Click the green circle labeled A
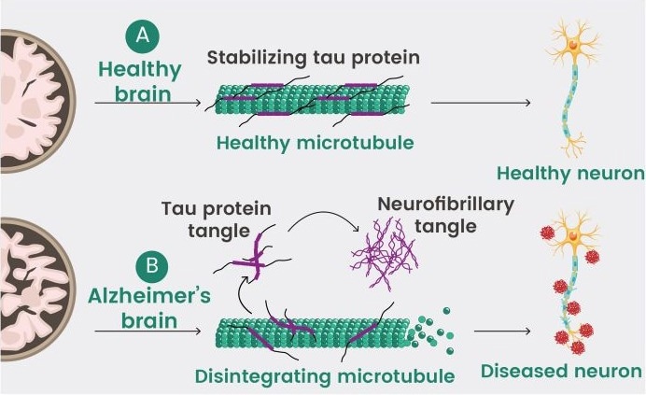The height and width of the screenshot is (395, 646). tap(142, 36)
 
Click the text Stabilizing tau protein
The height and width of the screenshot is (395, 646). tap(314, 58)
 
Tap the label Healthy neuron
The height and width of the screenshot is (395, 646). tap(570, 173)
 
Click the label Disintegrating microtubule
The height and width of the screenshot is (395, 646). tap(324, 376)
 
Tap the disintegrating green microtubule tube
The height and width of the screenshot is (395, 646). tap(313, 334)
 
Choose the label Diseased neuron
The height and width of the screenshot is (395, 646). tap(561, 372)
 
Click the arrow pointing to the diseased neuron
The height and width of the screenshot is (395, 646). tap(503, 331)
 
